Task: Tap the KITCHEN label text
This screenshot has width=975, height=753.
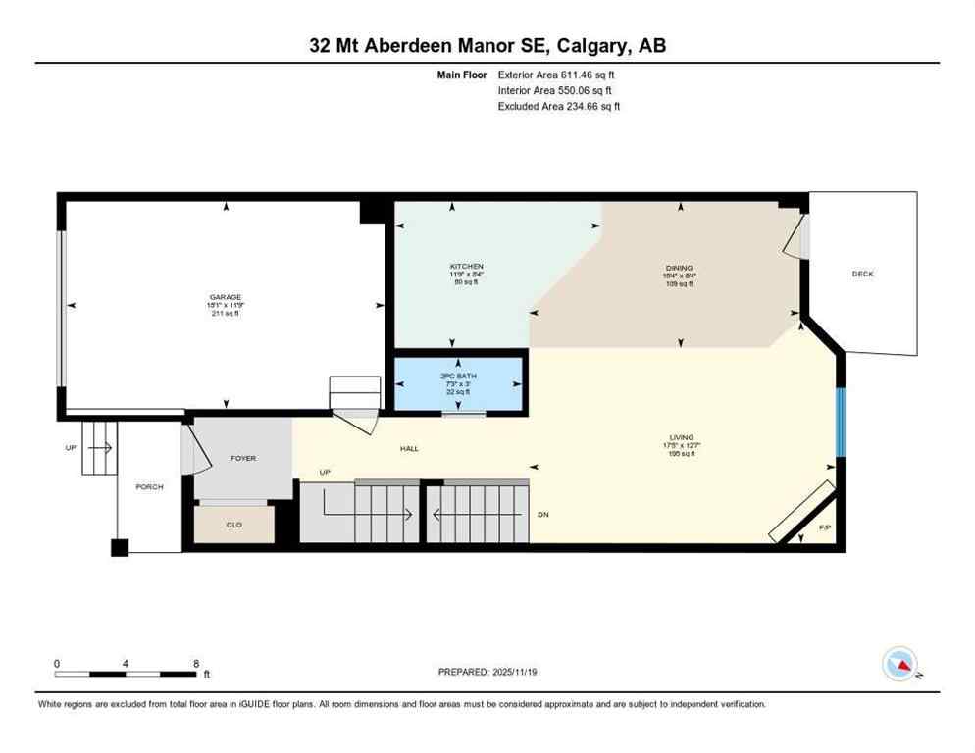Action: pos(467,267)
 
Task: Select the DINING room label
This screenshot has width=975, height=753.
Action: pos(679,268)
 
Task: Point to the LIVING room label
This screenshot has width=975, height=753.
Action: pos(681,437)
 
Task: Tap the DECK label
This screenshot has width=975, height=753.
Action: pos(862,274)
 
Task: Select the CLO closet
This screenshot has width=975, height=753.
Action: pos(234,525)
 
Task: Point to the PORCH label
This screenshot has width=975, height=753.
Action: pos(149,486)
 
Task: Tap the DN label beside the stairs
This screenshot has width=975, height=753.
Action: pos(542,514)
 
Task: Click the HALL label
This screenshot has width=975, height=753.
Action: pos(409,448)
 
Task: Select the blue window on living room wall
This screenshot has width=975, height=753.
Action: pos(840,422)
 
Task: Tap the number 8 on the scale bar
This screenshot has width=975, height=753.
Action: pos(196,663)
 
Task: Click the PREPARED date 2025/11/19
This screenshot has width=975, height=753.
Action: pos(502,672)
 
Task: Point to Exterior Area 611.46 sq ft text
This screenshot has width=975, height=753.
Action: pos(556,75)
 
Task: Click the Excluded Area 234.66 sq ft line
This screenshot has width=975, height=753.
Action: pos(558,106)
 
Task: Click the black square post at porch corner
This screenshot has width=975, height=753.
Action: pos(120,548)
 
